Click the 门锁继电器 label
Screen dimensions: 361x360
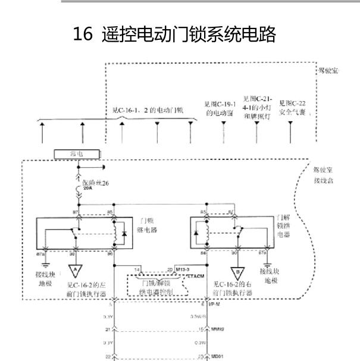(x=146, y=225)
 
